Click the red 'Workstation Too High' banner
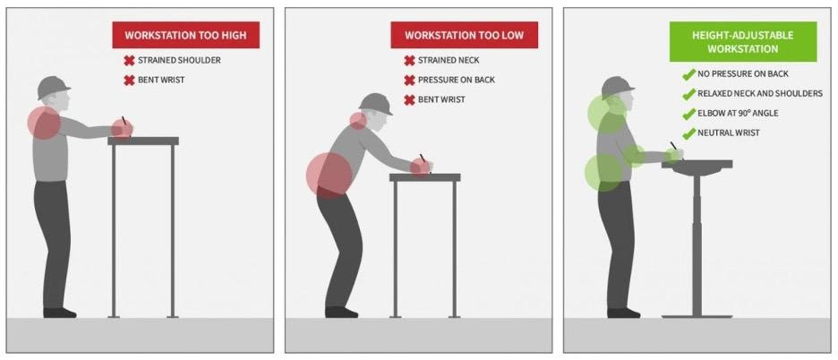pyautogui.click(x=185, y=35)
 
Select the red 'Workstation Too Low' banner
pyautogui.click(x=465, y=35)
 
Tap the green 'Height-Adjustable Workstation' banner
pyautogui.click(x=743, y=42)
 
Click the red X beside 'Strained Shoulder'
pyautogui.click(x=129, y=60)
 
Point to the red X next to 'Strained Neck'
pyautogui.click(x=409, y=60)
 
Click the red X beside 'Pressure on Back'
pyautogui.click(x=409, y=81)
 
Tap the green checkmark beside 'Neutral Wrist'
pyautogui.click(x=688, y=133)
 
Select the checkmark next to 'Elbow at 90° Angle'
pyautogui.click(x=688, y=114)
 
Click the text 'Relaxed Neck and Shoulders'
pyautogui.click(x=760, y=94)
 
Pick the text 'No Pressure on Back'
pyautogui.click(x=743, y=73)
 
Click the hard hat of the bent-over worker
pyautogui.click(x=375, y=104)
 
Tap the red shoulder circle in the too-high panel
pyautogui.click(x=44, y=123)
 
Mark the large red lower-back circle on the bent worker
pyautogui.click(x=329, y=176)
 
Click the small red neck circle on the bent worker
pyautogui.click(x=359, y=121)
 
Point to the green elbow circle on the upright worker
pyautogui.click(x=634, y=156)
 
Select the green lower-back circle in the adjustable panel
pyautogui.click(x=603, y=173)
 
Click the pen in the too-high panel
pyautogui.click(x=124, y=122)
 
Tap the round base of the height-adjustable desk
pyautogui.click(x=697, y=317)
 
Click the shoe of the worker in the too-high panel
pyautogui.click(x=59, y=313)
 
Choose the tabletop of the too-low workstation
pyautogui.click(x=425, y=177)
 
